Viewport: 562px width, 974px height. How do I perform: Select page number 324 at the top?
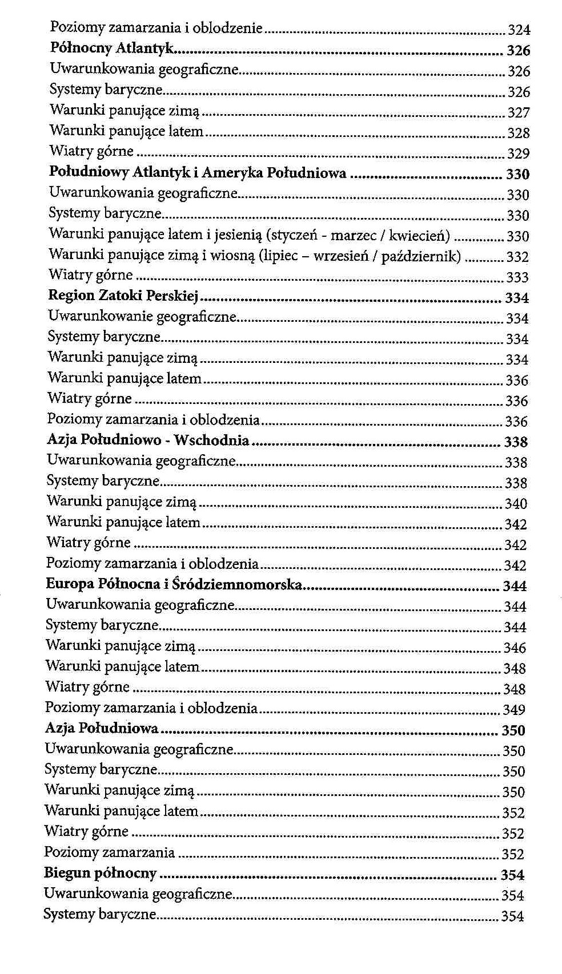pos(519,30)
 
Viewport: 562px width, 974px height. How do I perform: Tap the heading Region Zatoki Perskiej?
pos(123,296)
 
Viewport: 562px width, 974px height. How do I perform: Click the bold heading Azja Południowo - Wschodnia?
pos(147,440)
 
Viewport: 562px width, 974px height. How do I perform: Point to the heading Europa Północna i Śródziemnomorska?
pos(174,584)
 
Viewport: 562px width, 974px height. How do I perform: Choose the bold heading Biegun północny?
pos(100,873)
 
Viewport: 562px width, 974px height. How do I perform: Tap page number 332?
pos(517,257)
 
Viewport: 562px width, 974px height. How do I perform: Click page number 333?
pos(517,277)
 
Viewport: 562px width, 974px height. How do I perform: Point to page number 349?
pos(514,710)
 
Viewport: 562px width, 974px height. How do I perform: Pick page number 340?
pos(516,504)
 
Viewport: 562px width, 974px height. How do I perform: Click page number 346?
pos(515,648)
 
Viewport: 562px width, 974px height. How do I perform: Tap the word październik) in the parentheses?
pos(421,256)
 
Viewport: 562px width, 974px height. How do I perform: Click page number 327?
pos(519,112)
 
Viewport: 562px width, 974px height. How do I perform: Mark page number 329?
pos(519,153)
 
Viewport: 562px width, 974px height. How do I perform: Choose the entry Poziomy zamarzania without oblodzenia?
pos(109,852)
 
